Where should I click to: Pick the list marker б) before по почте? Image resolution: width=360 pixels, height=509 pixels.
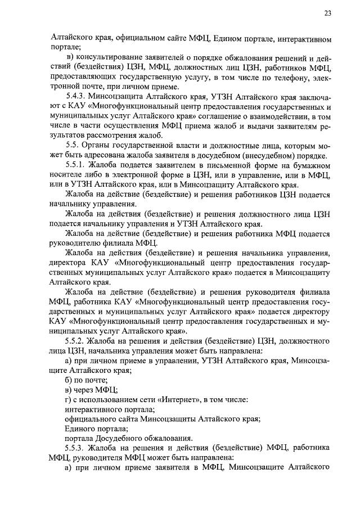pyautogui.click(x=69, y=379)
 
